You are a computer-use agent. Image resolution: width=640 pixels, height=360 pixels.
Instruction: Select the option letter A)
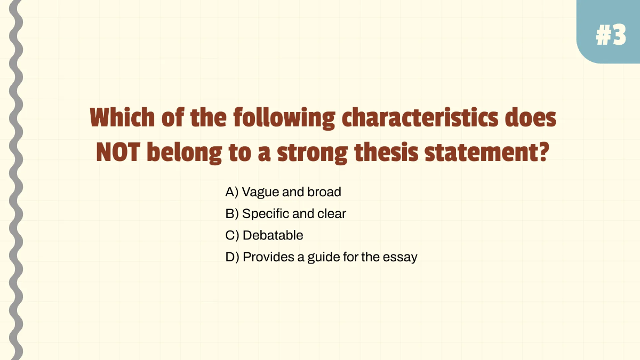coord(232,192)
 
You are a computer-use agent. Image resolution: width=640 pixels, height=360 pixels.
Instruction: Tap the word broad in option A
coord(324,192)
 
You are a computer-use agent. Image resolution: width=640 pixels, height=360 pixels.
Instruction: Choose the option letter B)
coord(232,214)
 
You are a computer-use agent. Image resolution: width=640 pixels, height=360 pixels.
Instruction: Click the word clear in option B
coord(332,214)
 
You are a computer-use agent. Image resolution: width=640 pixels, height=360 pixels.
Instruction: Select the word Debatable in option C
coord(273,235)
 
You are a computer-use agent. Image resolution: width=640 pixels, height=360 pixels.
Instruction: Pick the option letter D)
coord(232,257)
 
